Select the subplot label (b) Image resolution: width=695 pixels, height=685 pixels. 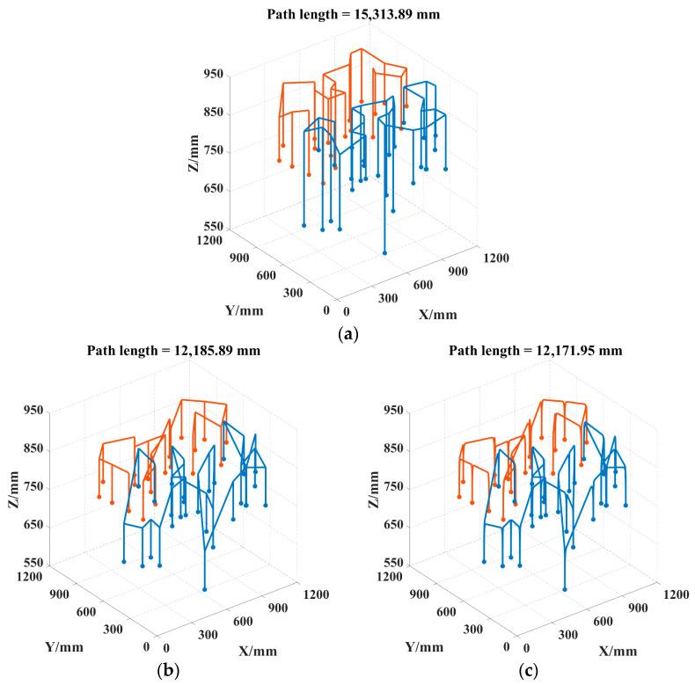click(x=167, y=671)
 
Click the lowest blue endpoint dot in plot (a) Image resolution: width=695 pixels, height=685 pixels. click(x=384, y=252)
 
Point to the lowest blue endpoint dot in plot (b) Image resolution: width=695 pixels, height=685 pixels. click(x=204, y=589)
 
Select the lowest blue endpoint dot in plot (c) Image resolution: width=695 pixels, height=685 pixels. click(x=565, y=589)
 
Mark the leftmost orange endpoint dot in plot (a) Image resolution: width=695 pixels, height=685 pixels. click(x=279, y=160)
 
